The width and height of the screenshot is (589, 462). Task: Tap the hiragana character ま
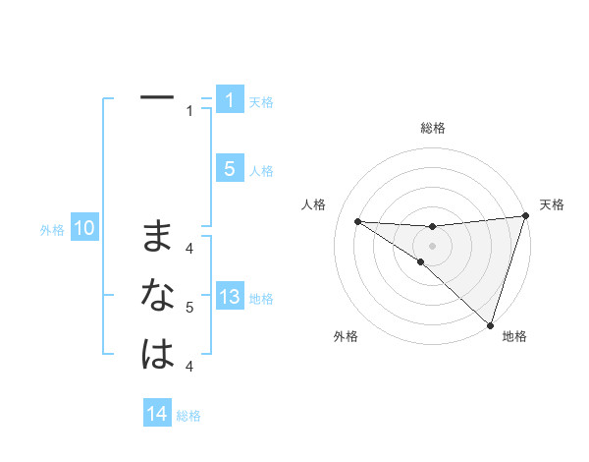[157, 236]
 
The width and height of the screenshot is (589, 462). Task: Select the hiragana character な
[157, 295]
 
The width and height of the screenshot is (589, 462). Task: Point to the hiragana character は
[157, 354]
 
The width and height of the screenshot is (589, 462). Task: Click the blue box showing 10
[83, 229]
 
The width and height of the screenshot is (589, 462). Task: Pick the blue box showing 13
[229, 298]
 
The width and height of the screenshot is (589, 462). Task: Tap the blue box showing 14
[156, 415]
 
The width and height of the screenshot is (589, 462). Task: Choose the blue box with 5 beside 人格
[229, 169]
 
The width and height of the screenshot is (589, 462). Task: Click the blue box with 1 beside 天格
[229, 100]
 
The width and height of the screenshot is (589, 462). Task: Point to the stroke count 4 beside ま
[189, 248]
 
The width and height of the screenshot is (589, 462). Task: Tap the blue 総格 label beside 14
[188, 416]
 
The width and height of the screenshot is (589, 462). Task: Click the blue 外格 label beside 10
[52, 230]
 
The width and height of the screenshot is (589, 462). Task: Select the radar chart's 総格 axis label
[432, 128]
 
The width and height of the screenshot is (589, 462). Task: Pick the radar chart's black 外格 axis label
[346, 336]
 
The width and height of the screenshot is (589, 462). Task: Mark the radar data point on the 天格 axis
[525, 216]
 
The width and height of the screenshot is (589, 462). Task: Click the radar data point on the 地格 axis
[490, 324]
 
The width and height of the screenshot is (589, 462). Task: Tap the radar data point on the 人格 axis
[357, 221]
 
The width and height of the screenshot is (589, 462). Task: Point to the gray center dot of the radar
[432, 245]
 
